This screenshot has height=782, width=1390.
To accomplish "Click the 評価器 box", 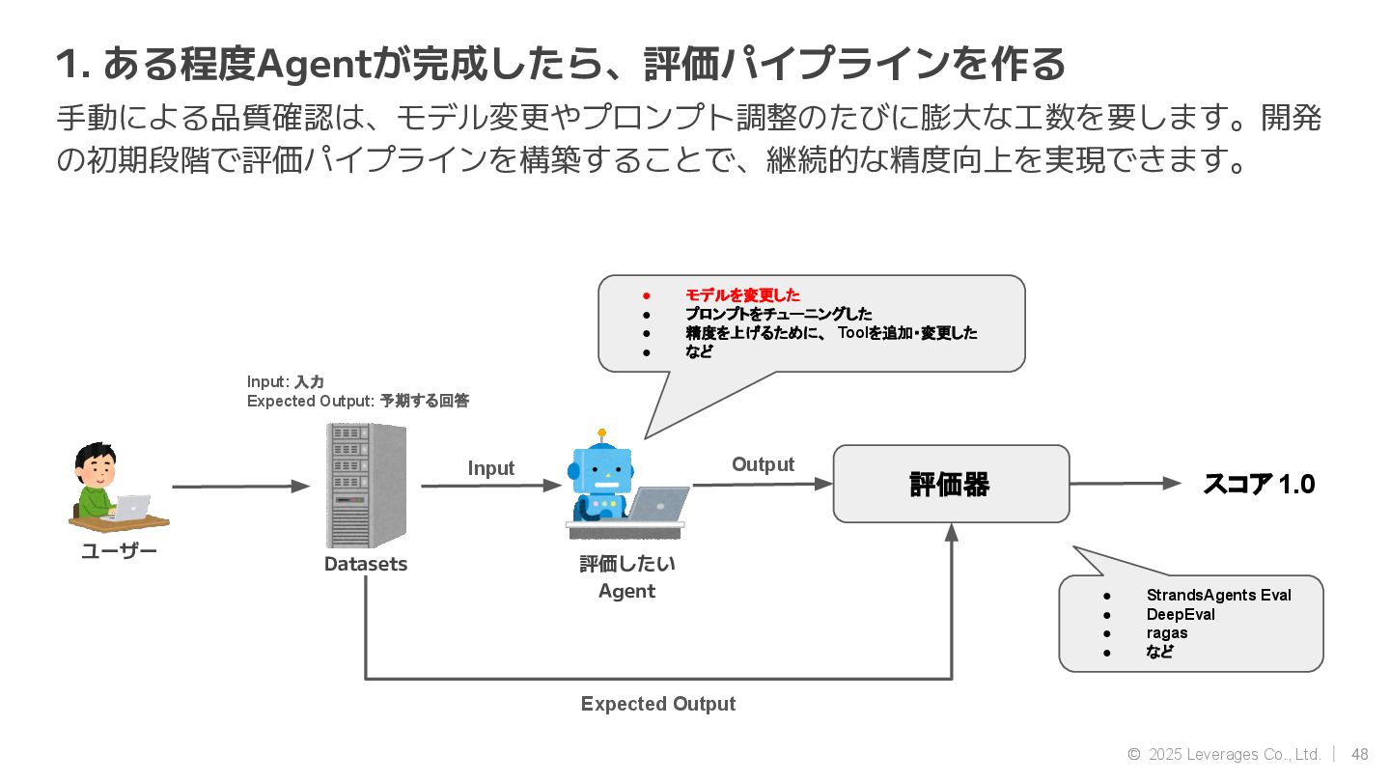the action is pyautogui.click(x=951, y=484).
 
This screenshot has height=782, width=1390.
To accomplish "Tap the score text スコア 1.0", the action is pyautogui.click(x=1259, y=484).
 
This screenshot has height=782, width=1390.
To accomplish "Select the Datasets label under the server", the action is pyautogui.click(x=366, y=564).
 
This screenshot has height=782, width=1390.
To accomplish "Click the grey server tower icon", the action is pyautogui.click(x=366, y=486).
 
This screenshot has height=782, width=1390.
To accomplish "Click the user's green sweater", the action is pyautogui.click(x=95, y=501).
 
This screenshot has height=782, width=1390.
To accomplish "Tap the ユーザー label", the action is pyautogui.click(x=119, y=551).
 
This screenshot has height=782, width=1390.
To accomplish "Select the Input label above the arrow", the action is pyautogui.click(x=490, y=468).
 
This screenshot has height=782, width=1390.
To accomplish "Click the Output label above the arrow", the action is pyautogui.click(x=763, y=464).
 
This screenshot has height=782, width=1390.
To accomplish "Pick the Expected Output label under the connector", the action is pyautogui.click(x=657, y=704).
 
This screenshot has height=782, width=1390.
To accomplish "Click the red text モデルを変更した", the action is pyautogui.click(x=742, y=294).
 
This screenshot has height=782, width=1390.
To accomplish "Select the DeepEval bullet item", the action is pyautogui.click(x=1181, y=614).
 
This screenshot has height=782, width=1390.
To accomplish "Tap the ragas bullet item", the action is pyautogui.click(x=1167, y=633).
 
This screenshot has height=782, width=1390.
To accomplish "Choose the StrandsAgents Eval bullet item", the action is pyautogui.click(x=1219, y=595).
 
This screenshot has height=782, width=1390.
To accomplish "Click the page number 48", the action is pyautogui.click(x=1359, y=754).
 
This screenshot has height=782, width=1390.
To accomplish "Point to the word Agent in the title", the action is pyautogui.click(x=314, y=64).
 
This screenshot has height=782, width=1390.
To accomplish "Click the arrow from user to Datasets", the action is pyautogui.click(x=240, y=487).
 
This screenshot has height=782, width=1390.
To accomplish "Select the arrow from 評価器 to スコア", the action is pyautogui.click(x=1126, y=484).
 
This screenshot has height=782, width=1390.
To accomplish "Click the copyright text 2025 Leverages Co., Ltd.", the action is pyautogui.click(x=1235, y=754).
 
